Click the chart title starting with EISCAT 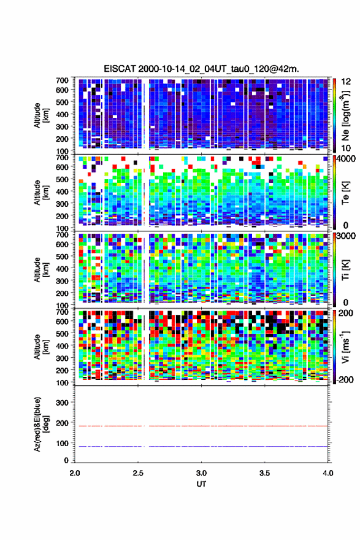201,69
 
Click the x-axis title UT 201,484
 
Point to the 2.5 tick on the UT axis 138,473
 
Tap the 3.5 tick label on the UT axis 265,473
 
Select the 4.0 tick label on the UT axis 328,473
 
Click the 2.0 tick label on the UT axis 75,473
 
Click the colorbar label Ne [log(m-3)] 345,115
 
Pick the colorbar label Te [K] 345,193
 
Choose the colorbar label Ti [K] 345,269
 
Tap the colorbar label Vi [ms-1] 345,347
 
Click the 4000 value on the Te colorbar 346,159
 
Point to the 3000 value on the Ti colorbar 346,236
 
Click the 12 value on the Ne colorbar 346,82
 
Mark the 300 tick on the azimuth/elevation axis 62,403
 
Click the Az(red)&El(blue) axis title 41,424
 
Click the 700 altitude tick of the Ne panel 62,80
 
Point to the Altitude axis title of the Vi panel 41,347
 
